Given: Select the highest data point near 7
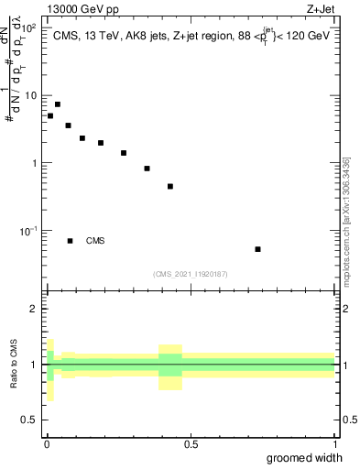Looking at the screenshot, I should (58, 104).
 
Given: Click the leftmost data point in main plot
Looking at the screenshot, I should (50, 116).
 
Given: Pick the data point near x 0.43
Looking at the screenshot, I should (170, 186).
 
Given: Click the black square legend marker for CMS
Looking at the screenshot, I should (71, 241).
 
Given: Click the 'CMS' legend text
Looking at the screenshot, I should (95, 241).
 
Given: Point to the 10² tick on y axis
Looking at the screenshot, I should (28, 28).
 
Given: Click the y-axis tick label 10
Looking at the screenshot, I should (32, 95).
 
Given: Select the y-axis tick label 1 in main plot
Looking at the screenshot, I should (35, 163).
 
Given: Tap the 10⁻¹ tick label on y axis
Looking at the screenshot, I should (28, 230).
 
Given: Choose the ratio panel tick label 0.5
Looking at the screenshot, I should (30, 420).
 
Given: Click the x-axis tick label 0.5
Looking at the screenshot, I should (191, 444).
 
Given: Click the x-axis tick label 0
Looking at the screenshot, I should (47, 444).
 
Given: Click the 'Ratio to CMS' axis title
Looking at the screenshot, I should (14, 365).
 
